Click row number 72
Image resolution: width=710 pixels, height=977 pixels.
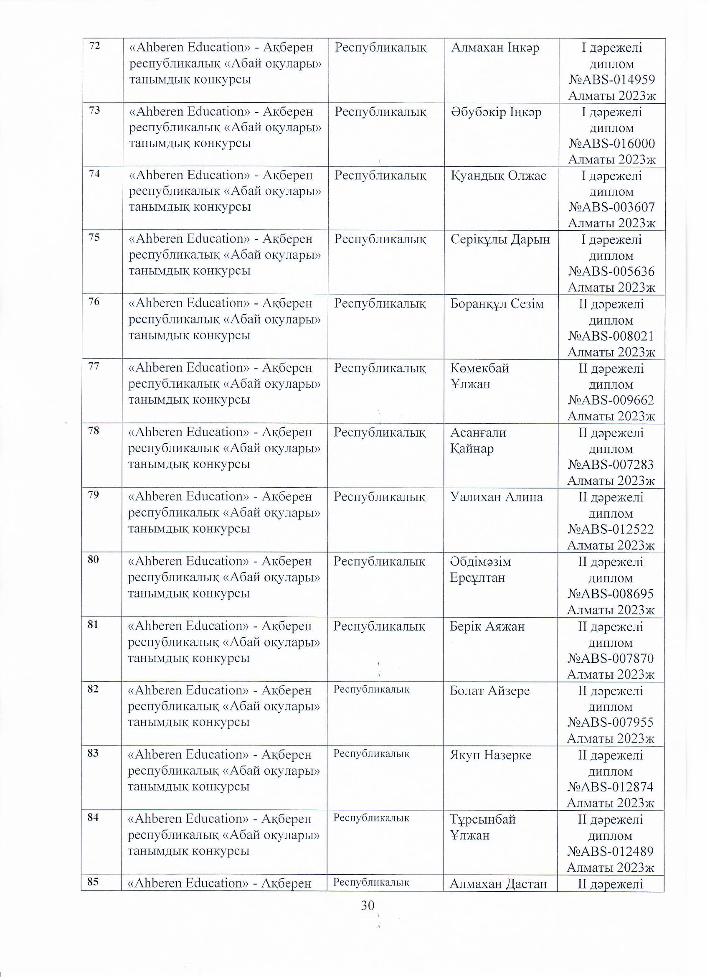pyautogui.click(x=94, y=46)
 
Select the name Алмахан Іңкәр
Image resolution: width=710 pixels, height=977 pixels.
pyautogui.click(x=495, y=48)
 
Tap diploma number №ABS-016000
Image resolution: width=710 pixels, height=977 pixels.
pyautogui.click(x=611, y=144)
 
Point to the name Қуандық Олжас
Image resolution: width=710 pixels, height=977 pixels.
pyautogui.click(x=498, y=176)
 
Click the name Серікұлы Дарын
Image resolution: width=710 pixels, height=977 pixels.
pyautogui.click(x=500, y=239)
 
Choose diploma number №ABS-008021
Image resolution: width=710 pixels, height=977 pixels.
pyautogui.click(x=611, y=336)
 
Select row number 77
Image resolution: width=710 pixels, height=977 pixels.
pyautogui.click(x=94, y=366)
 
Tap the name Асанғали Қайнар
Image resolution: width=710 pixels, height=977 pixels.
pyautogui.click(x=478, y=440)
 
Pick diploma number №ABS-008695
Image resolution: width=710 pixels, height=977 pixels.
pyautogui.click(x=611, y=594)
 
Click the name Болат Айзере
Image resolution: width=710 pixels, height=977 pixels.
pyautogui.click(x=489, y=690)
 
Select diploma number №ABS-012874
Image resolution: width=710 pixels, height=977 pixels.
pyautogui.click(x=611, y=787)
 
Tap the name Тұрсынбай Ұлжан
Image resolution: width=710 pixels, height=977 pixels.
pyautogui.click(x=482, y=827)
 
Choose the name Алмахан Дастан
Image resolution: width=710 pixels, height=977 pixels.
pyautogui.click(x=498, y=884)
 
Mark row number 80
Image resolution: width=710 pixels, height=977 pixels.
pyautogui.click(x=94, y=560)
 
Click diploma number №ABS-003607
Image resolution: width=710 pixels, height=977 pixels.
pyautogui.click(x=611, y=208)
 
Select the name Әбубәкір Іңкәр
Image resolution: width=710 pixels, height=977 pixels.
pyautogui.click(x=496, y=112)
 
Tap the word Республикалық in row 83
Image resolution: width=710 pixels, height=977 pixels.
pyautogui.click(x=371, y=753)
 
